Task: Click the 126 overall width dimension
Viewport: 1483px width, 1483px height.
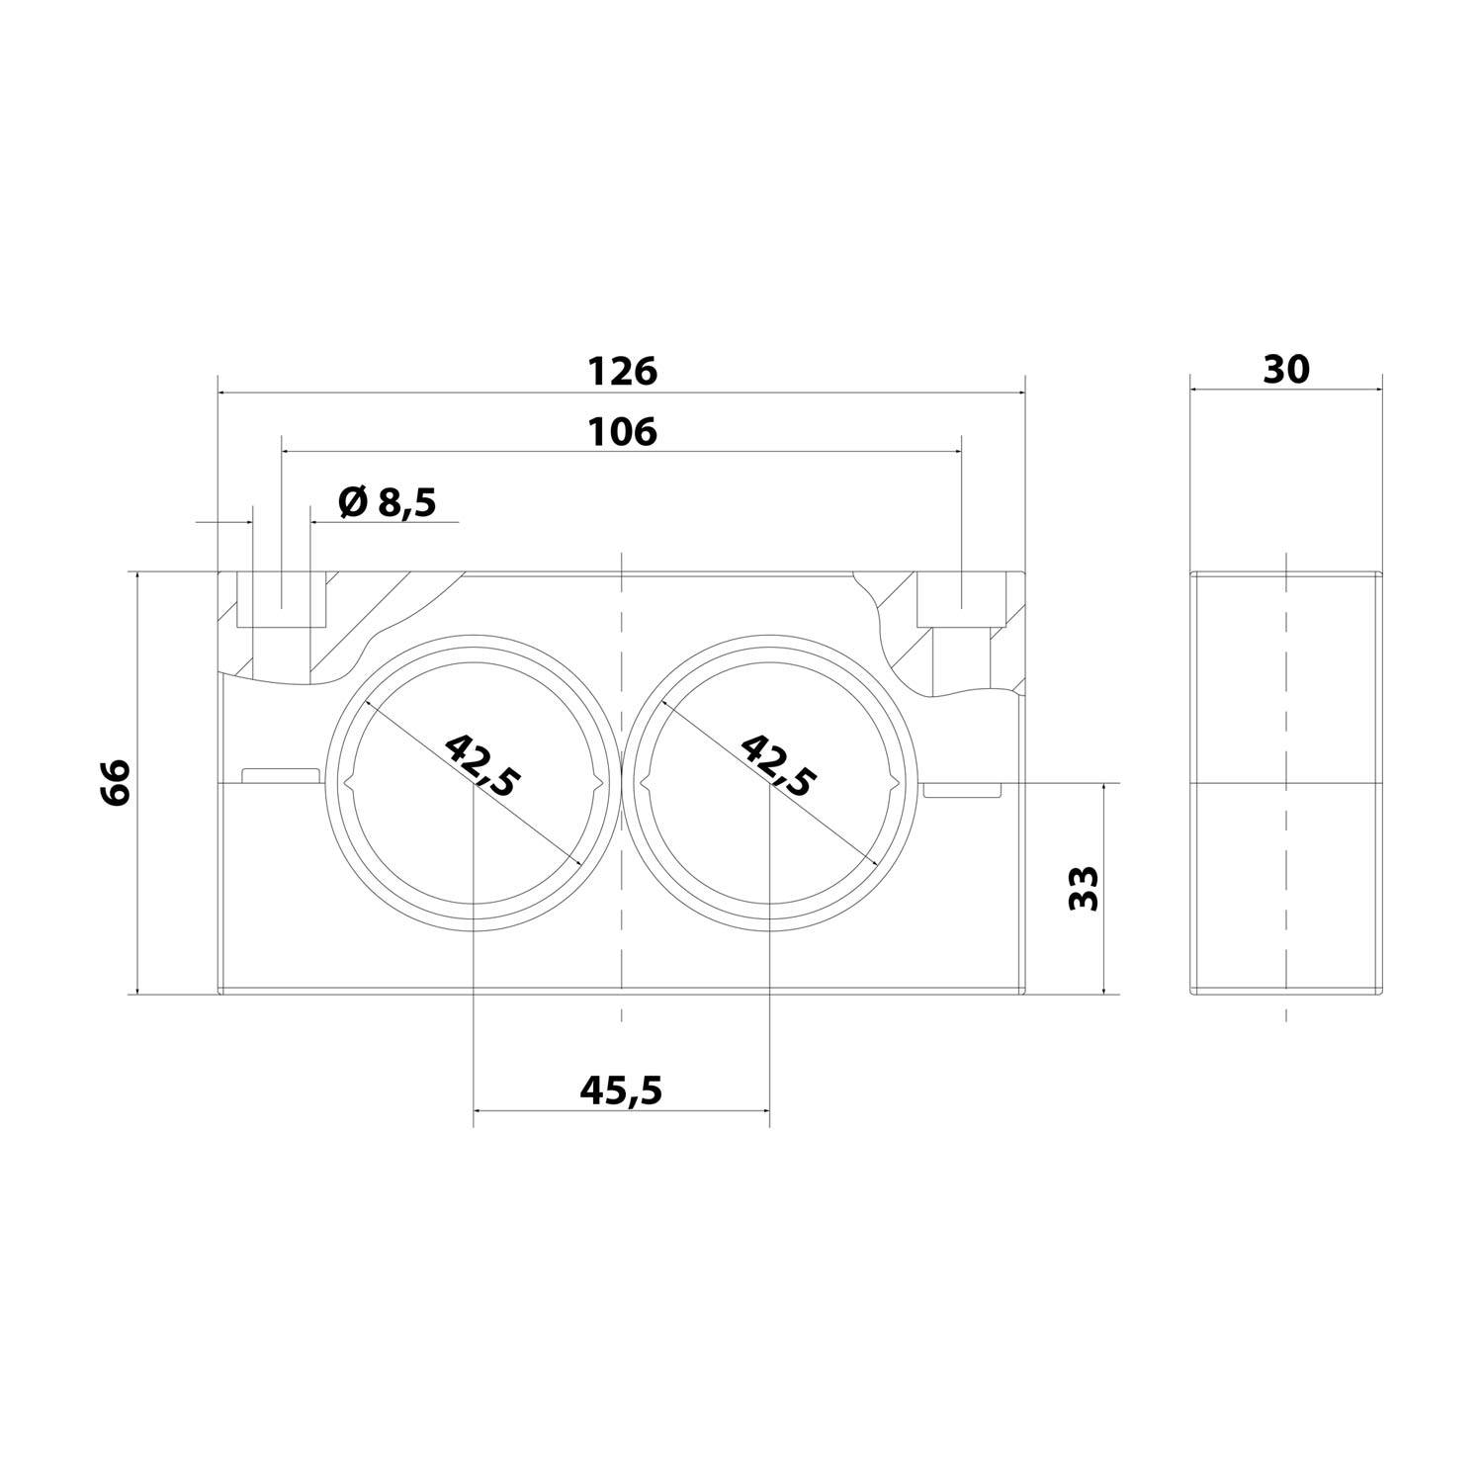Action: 622,372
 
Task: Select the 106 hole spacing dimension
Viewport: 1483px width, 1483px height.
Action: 622,432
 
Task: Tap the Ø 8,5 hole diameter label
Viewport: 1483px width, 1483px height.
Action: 387,503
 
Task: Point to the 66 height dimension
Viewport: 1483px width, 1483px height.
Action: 116,783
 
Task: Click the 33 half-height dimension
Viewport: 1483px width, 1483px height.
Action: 1086,888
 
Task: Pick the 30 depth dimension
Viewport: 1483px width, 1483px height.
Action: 1285,369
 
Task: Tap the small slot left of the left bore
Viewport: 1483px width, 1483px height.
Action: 280,775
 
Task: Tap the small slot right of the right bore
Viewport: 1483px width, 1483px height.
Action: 963,790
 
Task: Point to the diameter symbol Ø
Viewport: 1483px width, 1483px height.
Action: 352,503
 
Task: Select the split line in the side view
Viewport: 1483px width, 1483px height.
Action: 1285,785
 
